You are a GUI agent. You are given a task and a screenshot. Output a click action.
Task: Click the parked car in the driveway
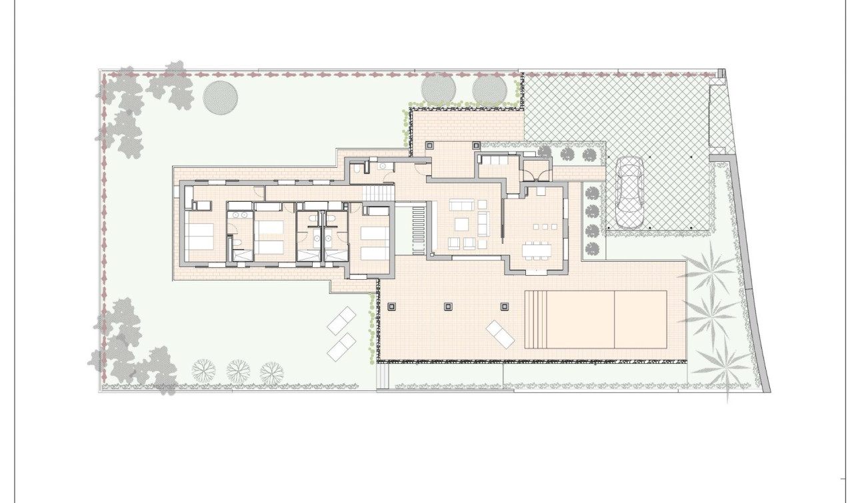[x=629, y=193]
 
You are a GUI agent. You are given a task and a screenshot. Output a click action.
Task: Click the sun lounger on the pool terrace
[x=500, y=333]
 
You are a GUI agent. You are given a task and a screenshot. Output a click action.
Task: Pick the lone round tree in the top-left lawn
[x=220, y=98]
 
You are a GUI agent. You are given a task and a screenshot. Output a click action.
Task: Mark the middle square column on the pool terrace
[x=448, y=307]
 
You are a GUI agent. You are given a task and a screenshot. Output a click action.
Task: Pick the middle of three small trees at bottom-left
[x=237, y=369]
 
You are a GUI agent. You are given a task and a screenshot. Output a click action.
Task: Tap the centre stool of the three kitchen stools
[x=540, y=228]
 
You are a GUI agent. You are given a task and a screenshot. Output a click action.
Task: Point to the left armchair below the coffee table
[x=455, y=242]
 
